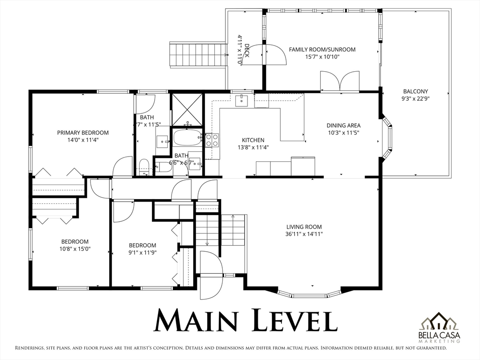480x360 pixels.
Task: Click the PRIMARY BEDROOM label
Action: (83, 133)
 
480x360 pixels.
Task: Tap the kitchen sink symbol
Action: (241, 100)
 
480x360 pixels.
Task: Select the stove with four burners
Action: (212, 140)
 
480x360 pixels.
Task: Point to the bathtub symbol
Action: (187, 138)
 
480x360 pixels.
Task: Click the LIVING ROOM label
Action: (304, 227)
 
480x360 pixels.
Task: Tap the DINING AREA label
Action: (344, 125)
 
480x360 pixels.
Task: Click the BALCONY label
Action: (415, 91)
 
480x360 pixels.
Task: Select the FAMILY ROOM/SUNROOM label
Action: (322, 49)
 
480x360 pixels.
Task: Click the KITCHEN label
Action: (253, 140)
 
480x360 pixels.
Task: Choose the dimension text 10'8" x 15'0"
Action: (75, 249)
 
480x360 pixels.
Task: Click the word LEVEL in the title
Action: (294, 320)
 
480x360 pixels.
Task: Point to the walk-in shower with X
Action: (187, 110)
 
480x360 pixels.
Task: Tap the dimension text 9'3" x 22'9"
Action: (415, 98)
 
